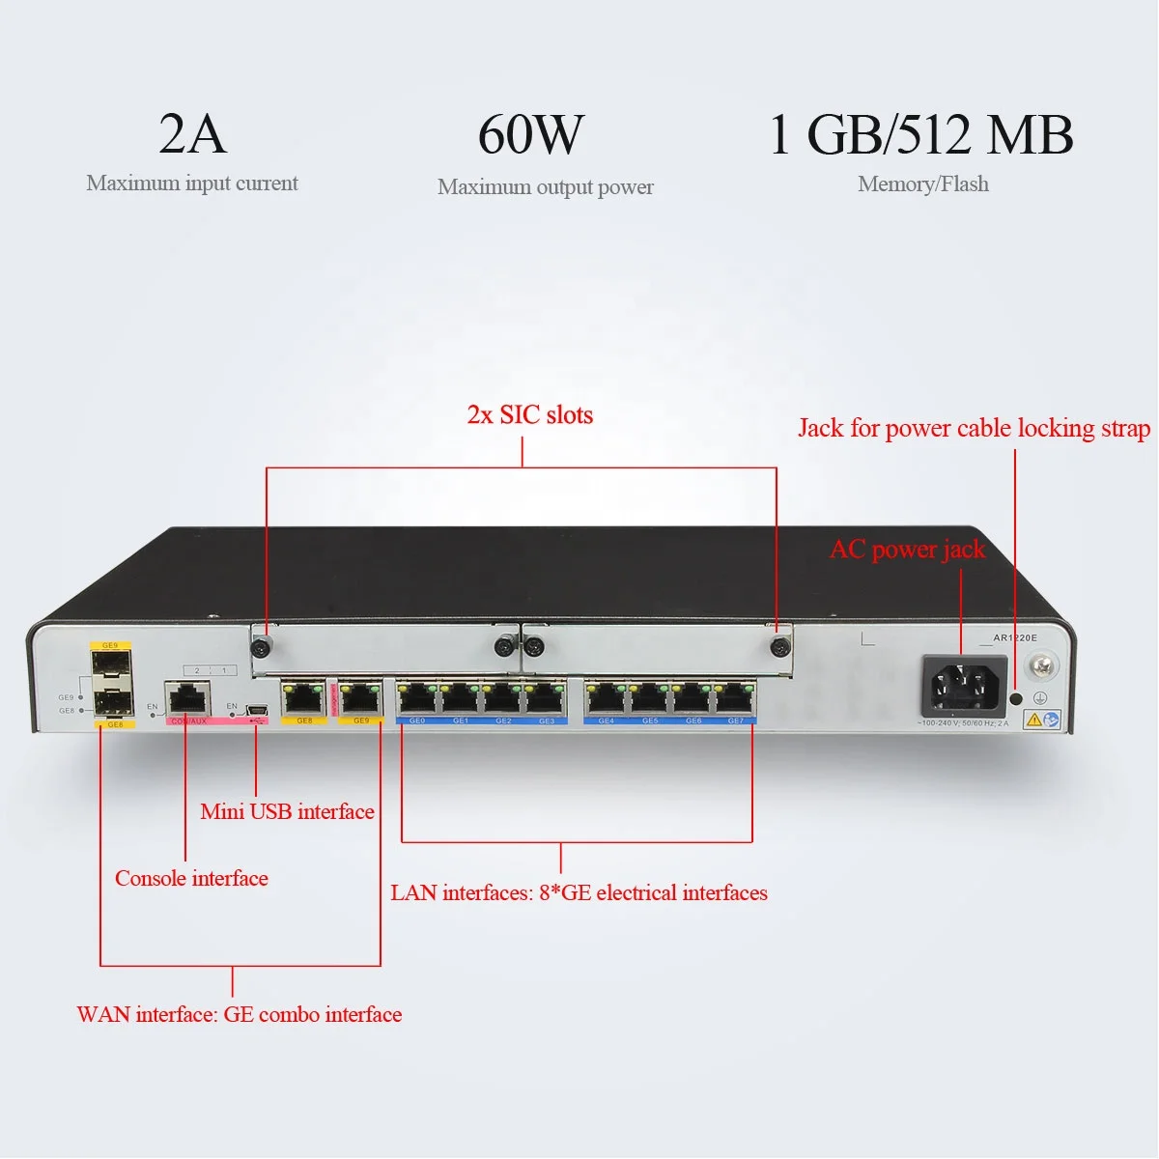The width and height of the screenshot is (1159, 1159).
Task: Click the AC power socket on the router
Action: (x=963, y=686)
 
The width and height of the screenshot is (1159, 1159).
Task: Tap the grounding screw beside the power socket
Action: (x=1042, y=665)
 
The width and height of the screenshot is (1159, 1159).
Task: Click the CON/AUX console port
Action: (x=187, y=697)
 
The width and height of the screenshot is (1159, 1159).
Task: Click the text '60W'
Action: (x=531, y=134)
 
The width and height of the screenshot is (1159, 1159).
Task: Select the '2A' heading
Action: (x=192, y=134)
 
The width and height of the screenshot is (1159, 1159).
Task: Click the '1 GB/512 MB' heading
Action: (x=921, y=134)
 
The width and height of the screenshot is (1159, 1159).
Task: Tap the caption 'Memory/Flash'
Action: (x=922, y=184)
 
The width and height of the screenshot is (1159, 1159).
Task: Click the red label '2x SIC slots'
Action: (x=529, y=415)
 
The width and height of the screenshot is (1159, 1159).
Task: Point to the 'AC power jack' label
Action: (x=907, y=550)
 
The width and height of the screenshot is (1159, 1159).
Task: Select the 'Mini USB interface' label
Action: (x=287, y=811)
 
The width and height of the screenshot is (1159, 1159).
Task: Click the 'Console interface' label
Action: (x=191, y=878)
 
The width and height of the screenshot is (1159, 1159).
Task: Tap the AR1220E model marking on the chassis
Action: (x=1015, y=637)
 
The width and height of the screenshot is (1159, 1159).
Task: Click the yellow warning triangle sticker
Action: (x=1032, y=719)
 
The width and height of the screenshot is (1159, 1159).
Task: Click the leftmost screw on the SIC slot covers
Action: (x=261, y=647)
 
